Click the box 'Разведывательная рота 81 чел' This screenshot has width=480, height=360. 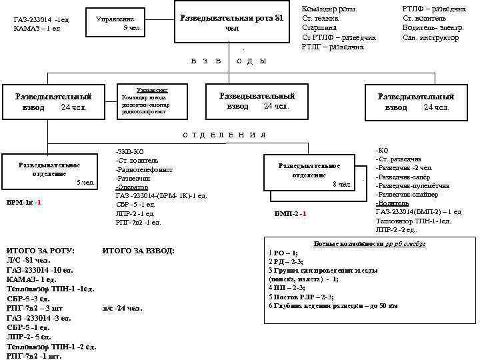tap(232, 23)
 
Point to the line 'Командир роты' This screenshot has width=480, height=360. tap(329, 9)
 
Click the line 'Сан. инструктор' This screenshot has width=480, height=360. tap(431, 38)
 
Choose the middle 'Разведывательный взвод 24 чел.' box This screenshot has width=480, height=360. tap(257, 101)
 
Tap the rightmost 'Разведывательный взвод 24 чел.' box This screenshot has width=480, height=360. tap(416, 102)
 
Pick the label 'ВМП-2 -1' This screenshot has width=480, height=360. tap(290, 214)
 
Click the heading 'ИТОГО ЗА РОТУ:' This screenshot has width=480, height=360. tap(40, 250)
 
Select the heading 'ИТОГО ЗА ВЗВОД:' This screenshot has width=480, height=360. tap(139, 250)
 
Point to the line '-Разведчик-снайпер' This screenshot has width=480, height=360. tap(407, 194)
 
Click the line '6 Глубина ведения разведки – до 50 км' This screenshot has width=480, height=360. tap(333, 305)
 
